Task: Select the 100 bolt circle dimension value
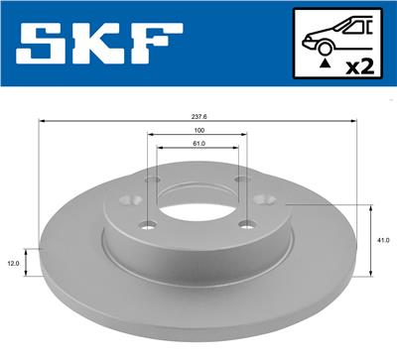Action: click(x=198, y=129)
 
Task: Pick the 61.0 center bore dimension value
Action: click(x=198, y=146)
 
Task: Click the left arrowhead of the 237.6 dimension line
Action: click(x=40, y=120)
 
